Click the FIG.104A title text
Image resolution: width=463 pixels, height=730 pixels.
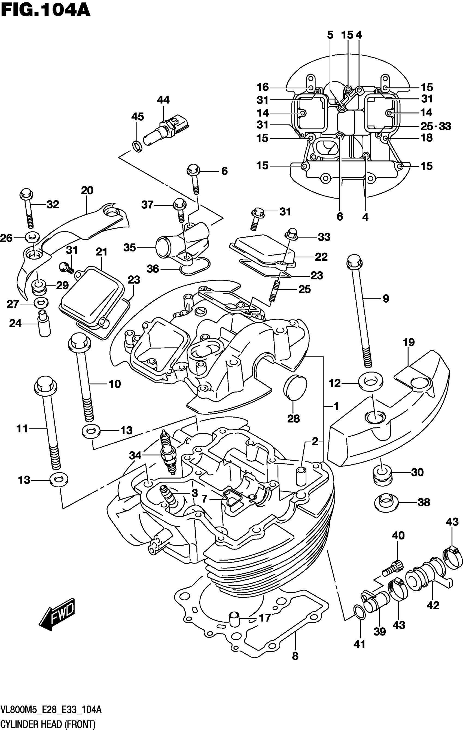(45, 10)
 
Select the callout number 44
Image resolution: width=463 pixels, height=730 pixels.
(163, 100)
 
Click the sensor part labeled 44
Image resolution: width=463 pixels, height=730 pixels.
(167, 129)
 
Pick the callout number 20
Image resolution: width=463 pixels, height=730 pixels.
(87, 190)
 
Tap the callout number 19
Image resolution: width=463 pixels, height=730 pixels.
(409, 343)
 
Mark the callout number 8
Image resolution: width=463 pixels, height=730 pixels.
(295, 656)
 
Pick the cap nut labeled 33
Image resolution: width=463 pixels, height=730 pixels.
(291, 233)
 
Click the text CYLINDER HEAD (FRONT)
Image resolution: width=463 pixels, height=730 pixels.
(48, 724)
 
